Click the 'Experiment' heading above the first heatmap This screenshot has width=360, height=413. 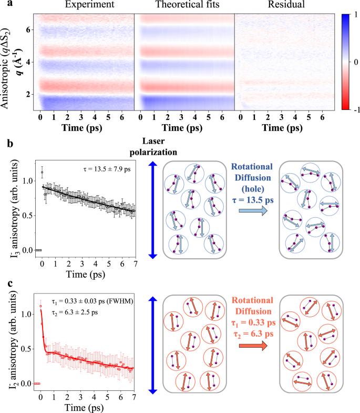pos(90,5)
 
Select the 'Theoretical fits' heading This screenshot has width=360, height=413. pos(188,4)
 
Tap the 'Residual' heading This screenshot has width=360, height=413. pos(286,4)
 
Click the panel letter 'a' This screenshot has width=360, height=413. pos(10,4)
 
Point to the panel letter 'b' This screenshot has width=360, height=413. pos(10,144)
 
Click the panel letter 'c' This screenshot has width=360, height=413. pos(10,284)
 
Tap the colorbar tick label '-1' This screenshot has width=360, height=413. pos(356,109)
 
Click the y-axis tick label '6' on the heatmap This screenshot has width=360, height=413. pos(28,30)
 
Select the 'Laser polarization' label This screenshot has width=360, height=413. pos(153,146)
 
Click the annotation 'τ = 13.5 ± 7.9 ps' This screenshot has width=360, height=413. pos(107,169)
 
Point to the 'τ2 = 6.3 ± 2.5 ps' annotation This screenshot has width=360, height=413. pos(75,313)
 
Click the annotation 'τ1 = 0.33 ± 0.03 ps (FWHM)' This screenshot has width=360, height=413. pos(92,301)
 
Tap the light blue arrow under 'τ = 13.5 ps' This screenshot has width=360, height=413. pos(253,211)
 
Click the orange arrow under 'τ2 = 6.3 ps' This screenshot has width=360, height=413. pos(253,345)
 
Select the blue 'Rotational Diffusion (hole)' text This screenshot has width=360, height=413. pos(252,178)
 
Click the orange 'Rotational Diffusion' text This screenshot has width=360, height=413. pos(253,306)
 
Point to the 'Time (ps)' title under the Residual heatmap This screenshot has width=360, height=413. pos(282,128)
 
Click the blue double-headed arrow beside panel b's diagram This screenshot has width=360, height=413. pos(153,210)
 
